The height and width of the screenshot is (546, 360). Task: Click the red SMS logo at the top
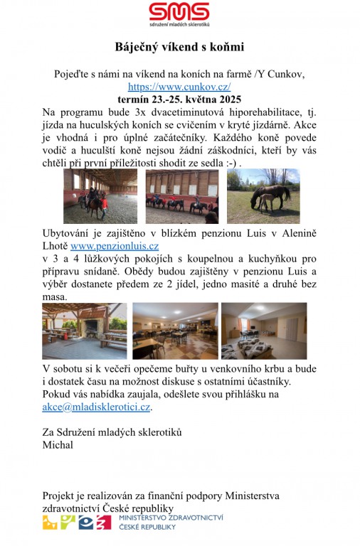(179, 13)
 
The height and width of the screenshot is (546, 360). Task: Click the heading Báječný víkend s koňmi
(179, 48)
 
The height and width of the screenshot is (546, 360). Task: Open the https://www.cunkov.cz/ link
(179, 87)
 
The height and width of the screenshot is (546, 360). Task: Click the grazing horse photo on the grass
(263, 196)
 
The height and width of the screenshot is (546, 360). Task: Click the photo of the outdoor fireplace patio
(84, 331)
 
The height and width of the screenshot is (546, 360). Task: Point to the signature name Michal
(58, 445)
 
